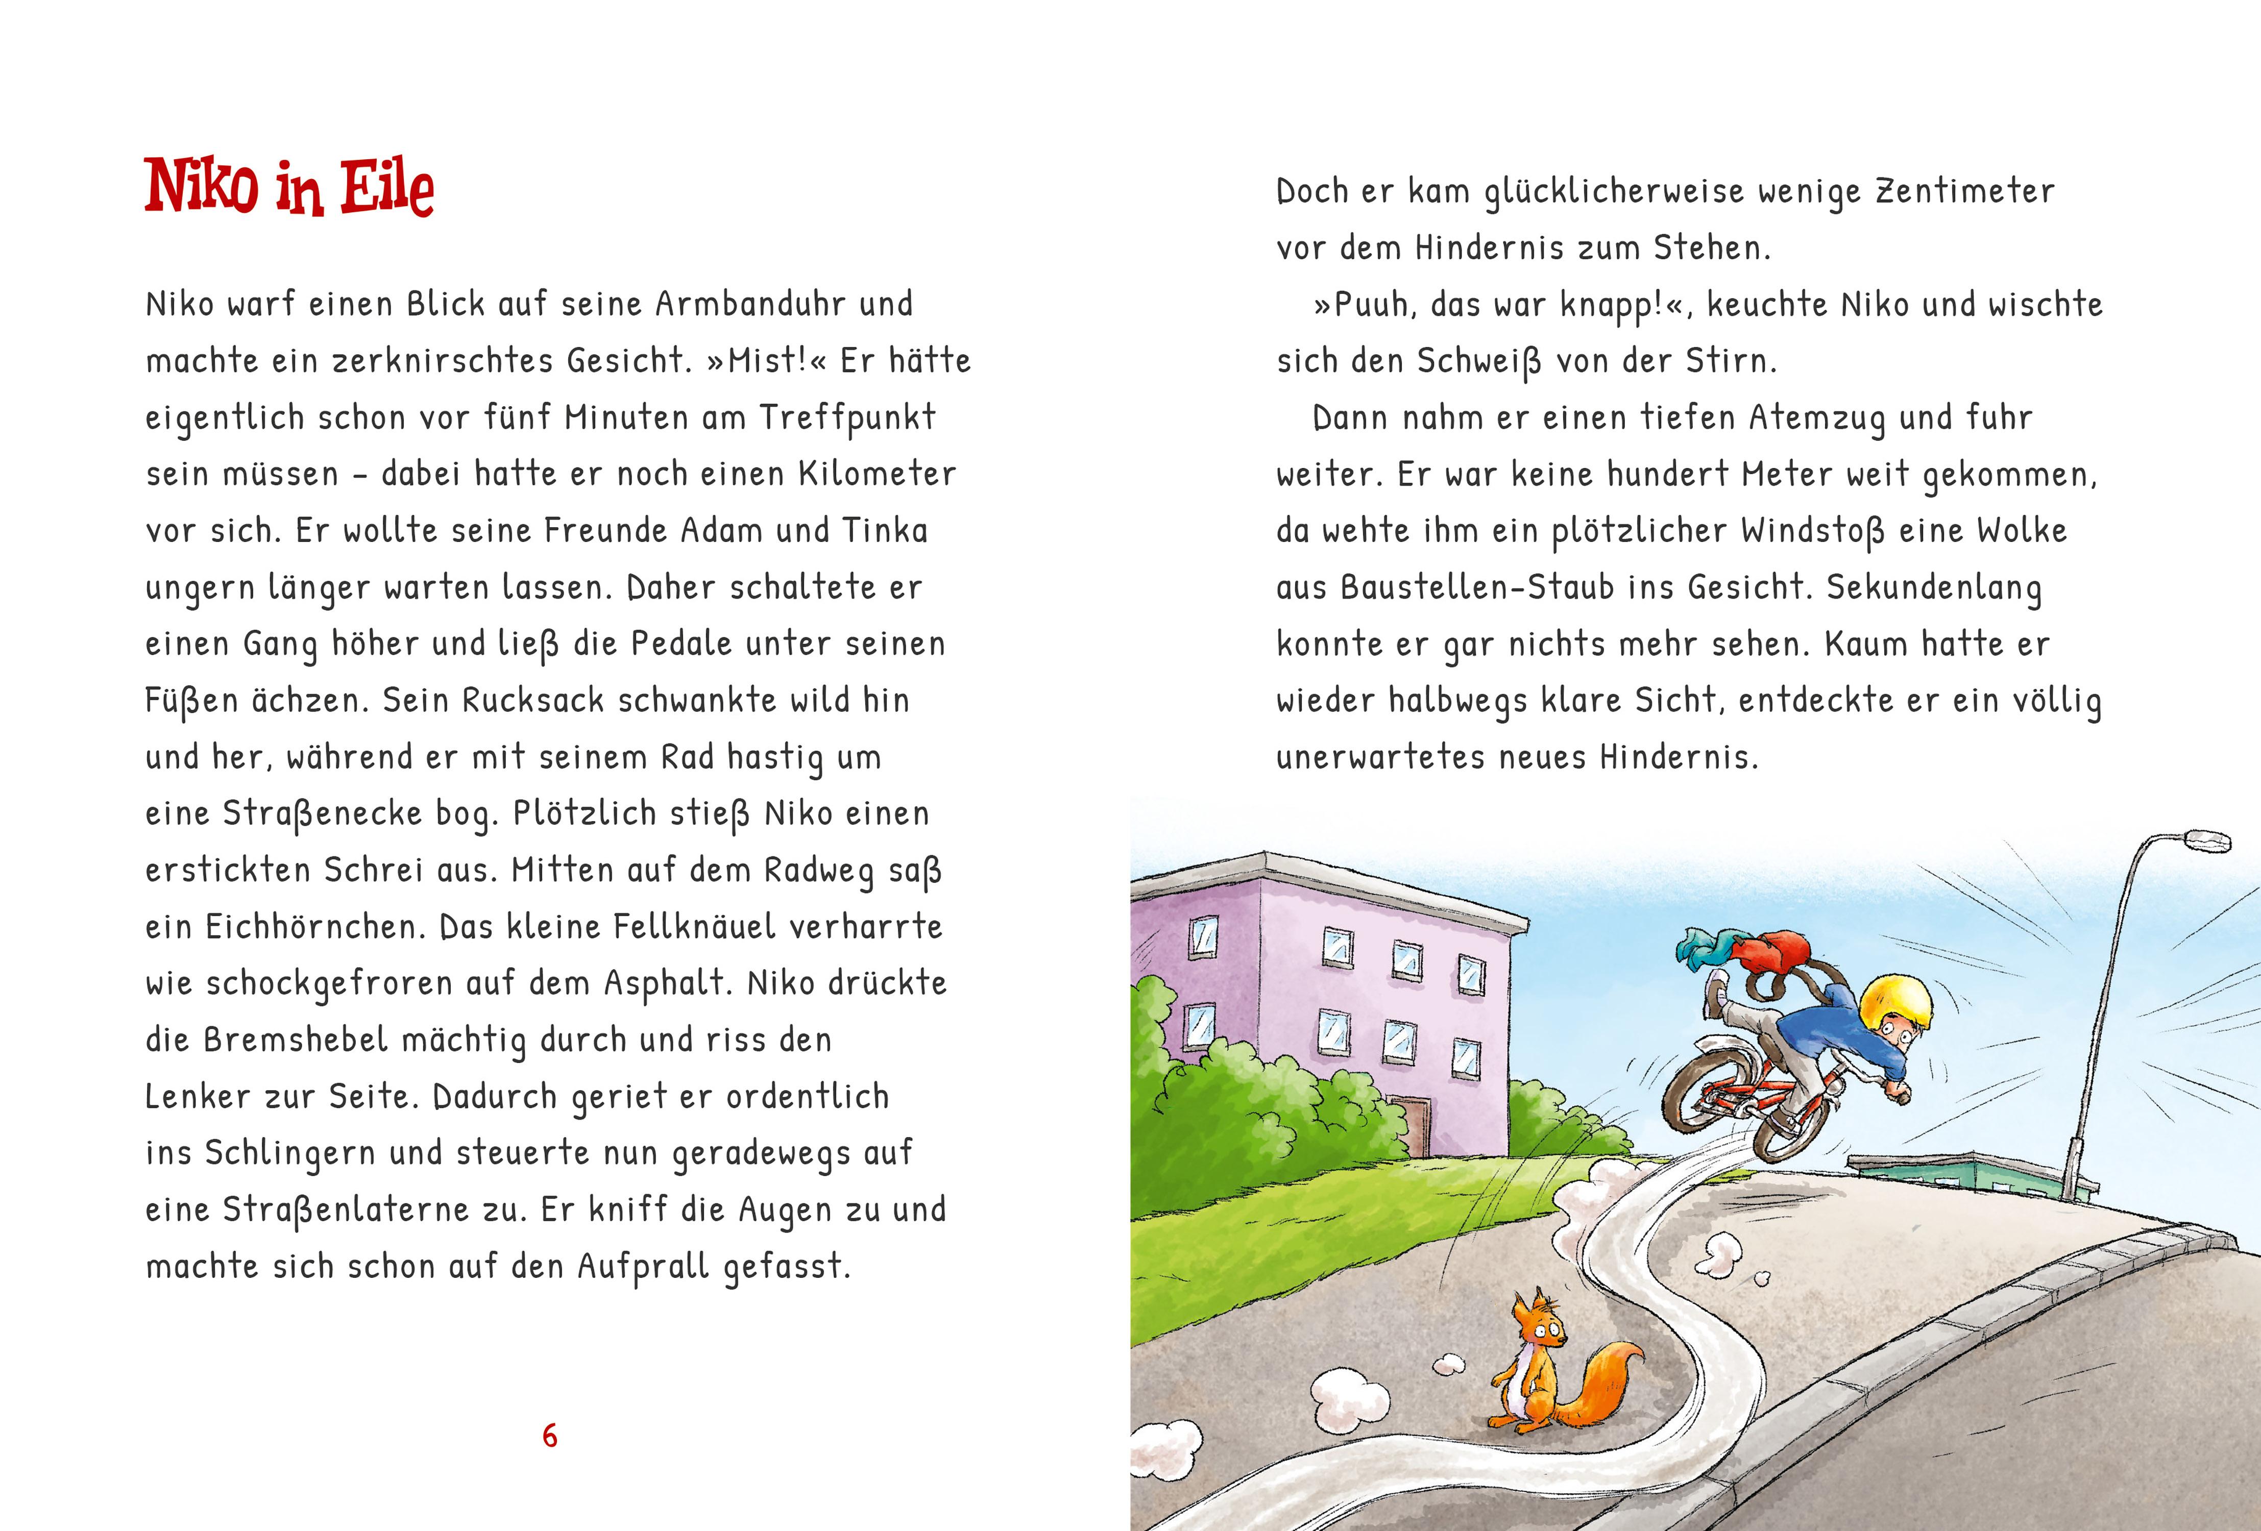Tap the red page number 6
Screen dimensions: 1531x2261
pyautogui.click(x=550, y=1436)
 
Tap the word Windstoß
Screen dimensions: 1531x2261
pyautogui.click(x=1812, y=531)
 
